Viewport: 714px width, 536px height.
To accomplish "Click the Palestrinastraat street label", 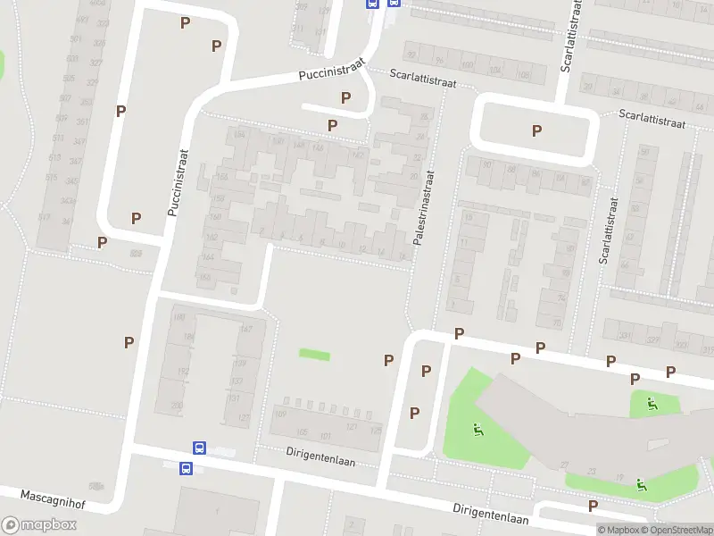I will [422, 208].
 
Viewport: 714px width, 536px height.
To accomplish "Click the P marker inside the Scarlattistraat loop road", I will [536, 131].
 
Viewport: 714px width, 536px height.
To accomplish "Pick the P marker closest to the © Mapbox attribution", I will [593, 507].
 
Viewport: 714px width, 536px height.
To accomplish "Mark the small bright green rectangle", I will [314, 356].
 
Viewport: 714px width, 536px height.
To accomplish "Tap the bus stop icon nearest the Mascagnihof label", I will [187, 468].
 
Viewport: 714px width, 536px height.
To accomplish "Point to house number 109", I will [278, 414].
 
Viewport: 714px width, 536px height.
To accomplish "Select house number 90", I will [486, 164].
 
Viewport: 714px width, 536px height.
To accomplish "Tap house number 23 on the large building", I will [593, 471].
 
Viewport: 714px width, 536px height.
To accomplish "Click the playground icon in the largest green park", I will [479, 431].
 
